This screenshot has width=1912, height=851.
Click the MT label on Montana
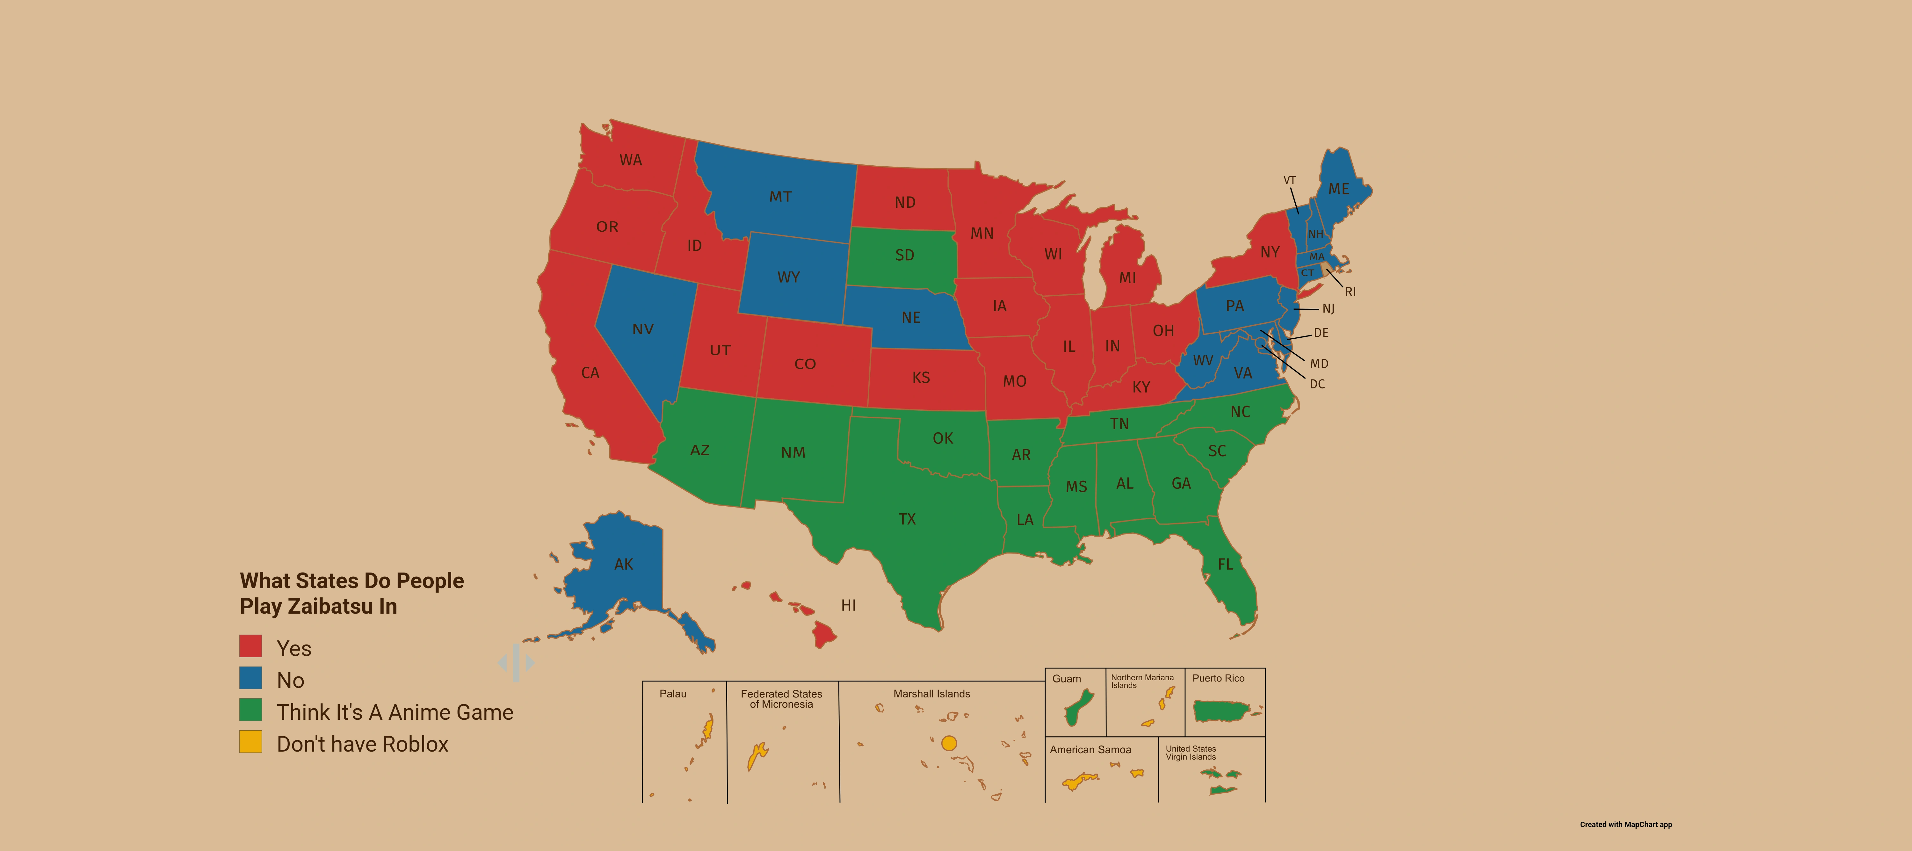pos(780,197)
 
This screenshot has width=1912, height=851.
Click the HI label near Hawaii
pos(848,605)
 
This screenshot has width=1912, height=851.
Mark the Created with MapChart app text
pos(1626,824)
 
